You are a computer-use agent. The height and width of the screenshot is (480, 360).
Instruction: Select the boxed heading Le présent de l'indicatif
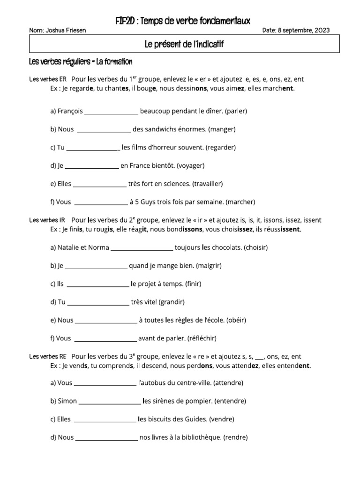184,45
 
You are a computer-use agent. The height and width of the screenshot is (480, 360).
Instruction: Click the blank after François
111,112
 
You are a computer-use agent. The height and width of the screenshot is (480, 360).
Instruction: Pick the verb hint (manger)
222,129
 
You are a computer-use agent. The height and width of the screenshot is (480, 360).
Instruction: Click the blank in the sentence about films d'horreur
93,148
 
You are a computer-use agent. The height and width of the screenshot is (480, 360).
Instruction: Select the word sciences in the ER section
176,184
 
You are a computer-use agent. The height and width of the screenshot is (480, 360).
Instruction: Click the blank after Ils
98,284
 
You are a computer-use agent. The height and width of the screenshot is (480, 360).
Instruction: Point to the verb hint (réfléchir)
202,338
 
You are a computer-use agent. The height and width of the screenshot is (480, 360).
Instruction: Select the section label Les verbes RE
47,357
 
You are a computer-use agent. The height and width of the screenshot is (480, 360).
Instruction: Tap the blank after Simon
110,401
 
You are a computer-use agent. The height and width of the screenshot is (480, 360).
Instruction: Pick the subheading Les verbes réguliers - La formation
81,62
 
